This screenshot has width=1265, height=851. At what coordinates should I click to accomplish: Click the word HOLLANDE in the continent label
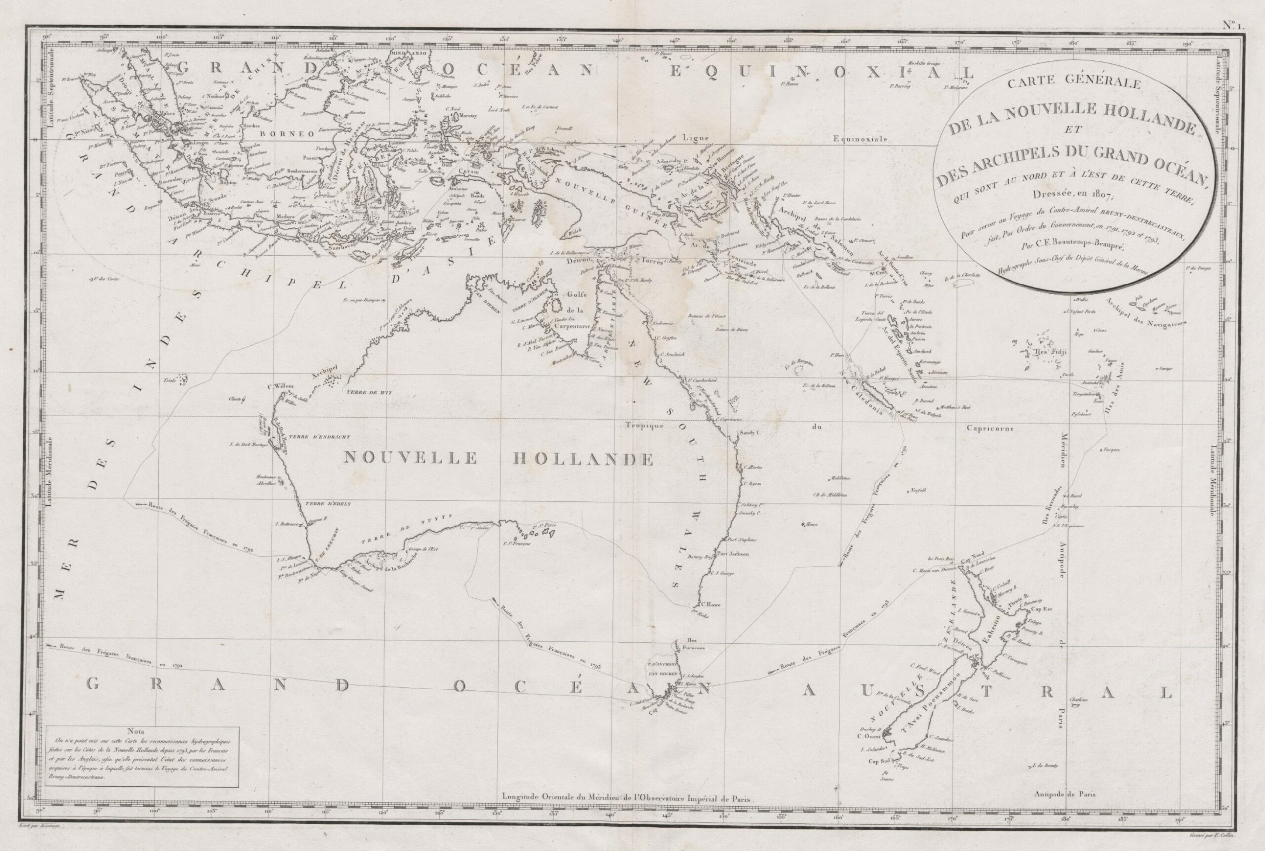click(583, 460)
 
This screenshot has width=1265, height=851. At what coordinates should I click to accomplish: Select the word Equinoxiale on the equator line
click(860, 139)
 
